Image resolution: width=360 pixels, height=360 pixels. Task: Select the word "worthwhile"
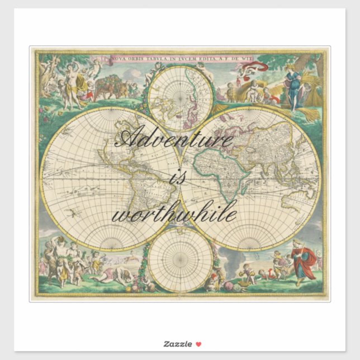pos(174,215)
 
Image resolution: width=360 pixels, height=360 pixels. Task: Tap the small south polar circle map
pos(180,259)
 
